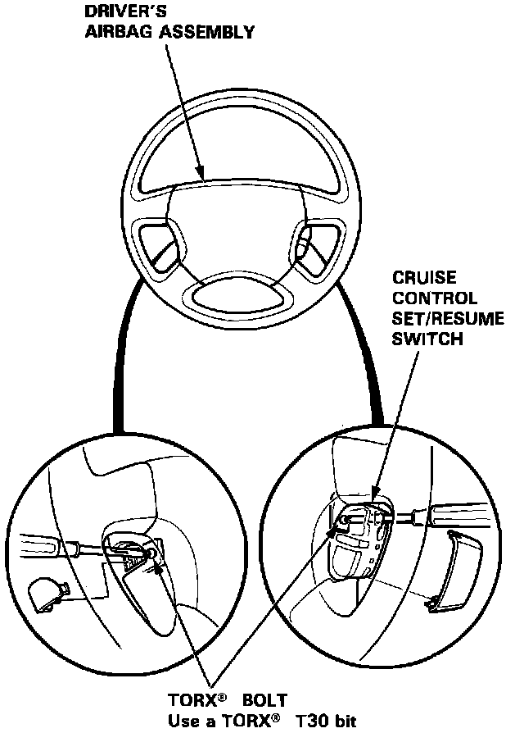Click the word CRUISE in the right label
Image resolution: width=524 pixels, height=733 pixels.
point(423,277)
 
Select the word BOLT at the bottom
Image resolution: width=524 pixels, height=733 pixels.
point(263,702)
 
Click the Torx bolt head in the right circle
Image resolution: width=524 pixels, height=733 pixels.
point(348,518)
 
